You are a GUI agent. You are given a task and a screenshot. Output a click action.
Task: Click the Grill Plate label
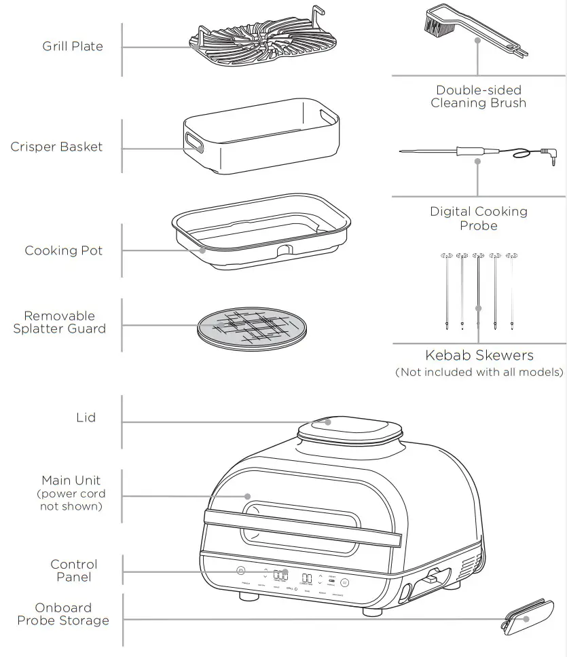(73, 46)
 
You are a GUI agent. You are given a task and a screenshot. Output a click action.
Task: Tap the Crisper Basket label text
(56, 147)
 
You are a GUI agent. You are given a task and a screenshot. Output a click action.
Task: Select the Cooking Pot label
(64, 250)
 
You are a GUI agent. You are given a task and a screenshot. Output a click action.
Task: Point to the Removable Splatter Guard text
(60, 322)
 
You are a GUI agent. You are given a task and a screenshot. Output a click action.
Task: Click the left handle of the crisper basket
(193, 143)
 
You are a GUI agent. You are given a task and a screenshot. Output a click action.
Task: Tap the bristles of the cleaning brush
(431, 25)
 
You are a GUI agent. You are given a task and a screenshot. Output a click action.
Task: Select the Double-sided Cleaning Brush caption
(479, 96)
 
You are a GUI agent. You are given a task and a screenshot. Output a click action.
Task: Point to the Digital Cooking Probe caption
(479, 218)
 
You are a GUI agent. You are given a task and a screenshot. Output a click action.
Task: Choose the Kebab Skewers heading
(479, 355)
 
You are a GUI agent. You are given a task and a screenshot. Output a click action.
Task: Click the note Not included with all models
(479, 372)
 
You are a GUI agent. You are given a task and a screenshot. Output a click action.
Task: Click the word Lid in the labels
(86, 417)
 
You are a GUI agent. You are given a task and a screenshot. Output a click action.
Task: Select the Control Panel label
(74, 571)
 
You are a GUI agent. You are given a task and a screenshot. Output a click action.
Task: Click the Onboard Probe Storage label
(63, 614)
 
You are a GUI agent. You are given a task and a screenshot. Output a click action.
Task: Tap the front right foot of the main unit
(372, 611)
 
